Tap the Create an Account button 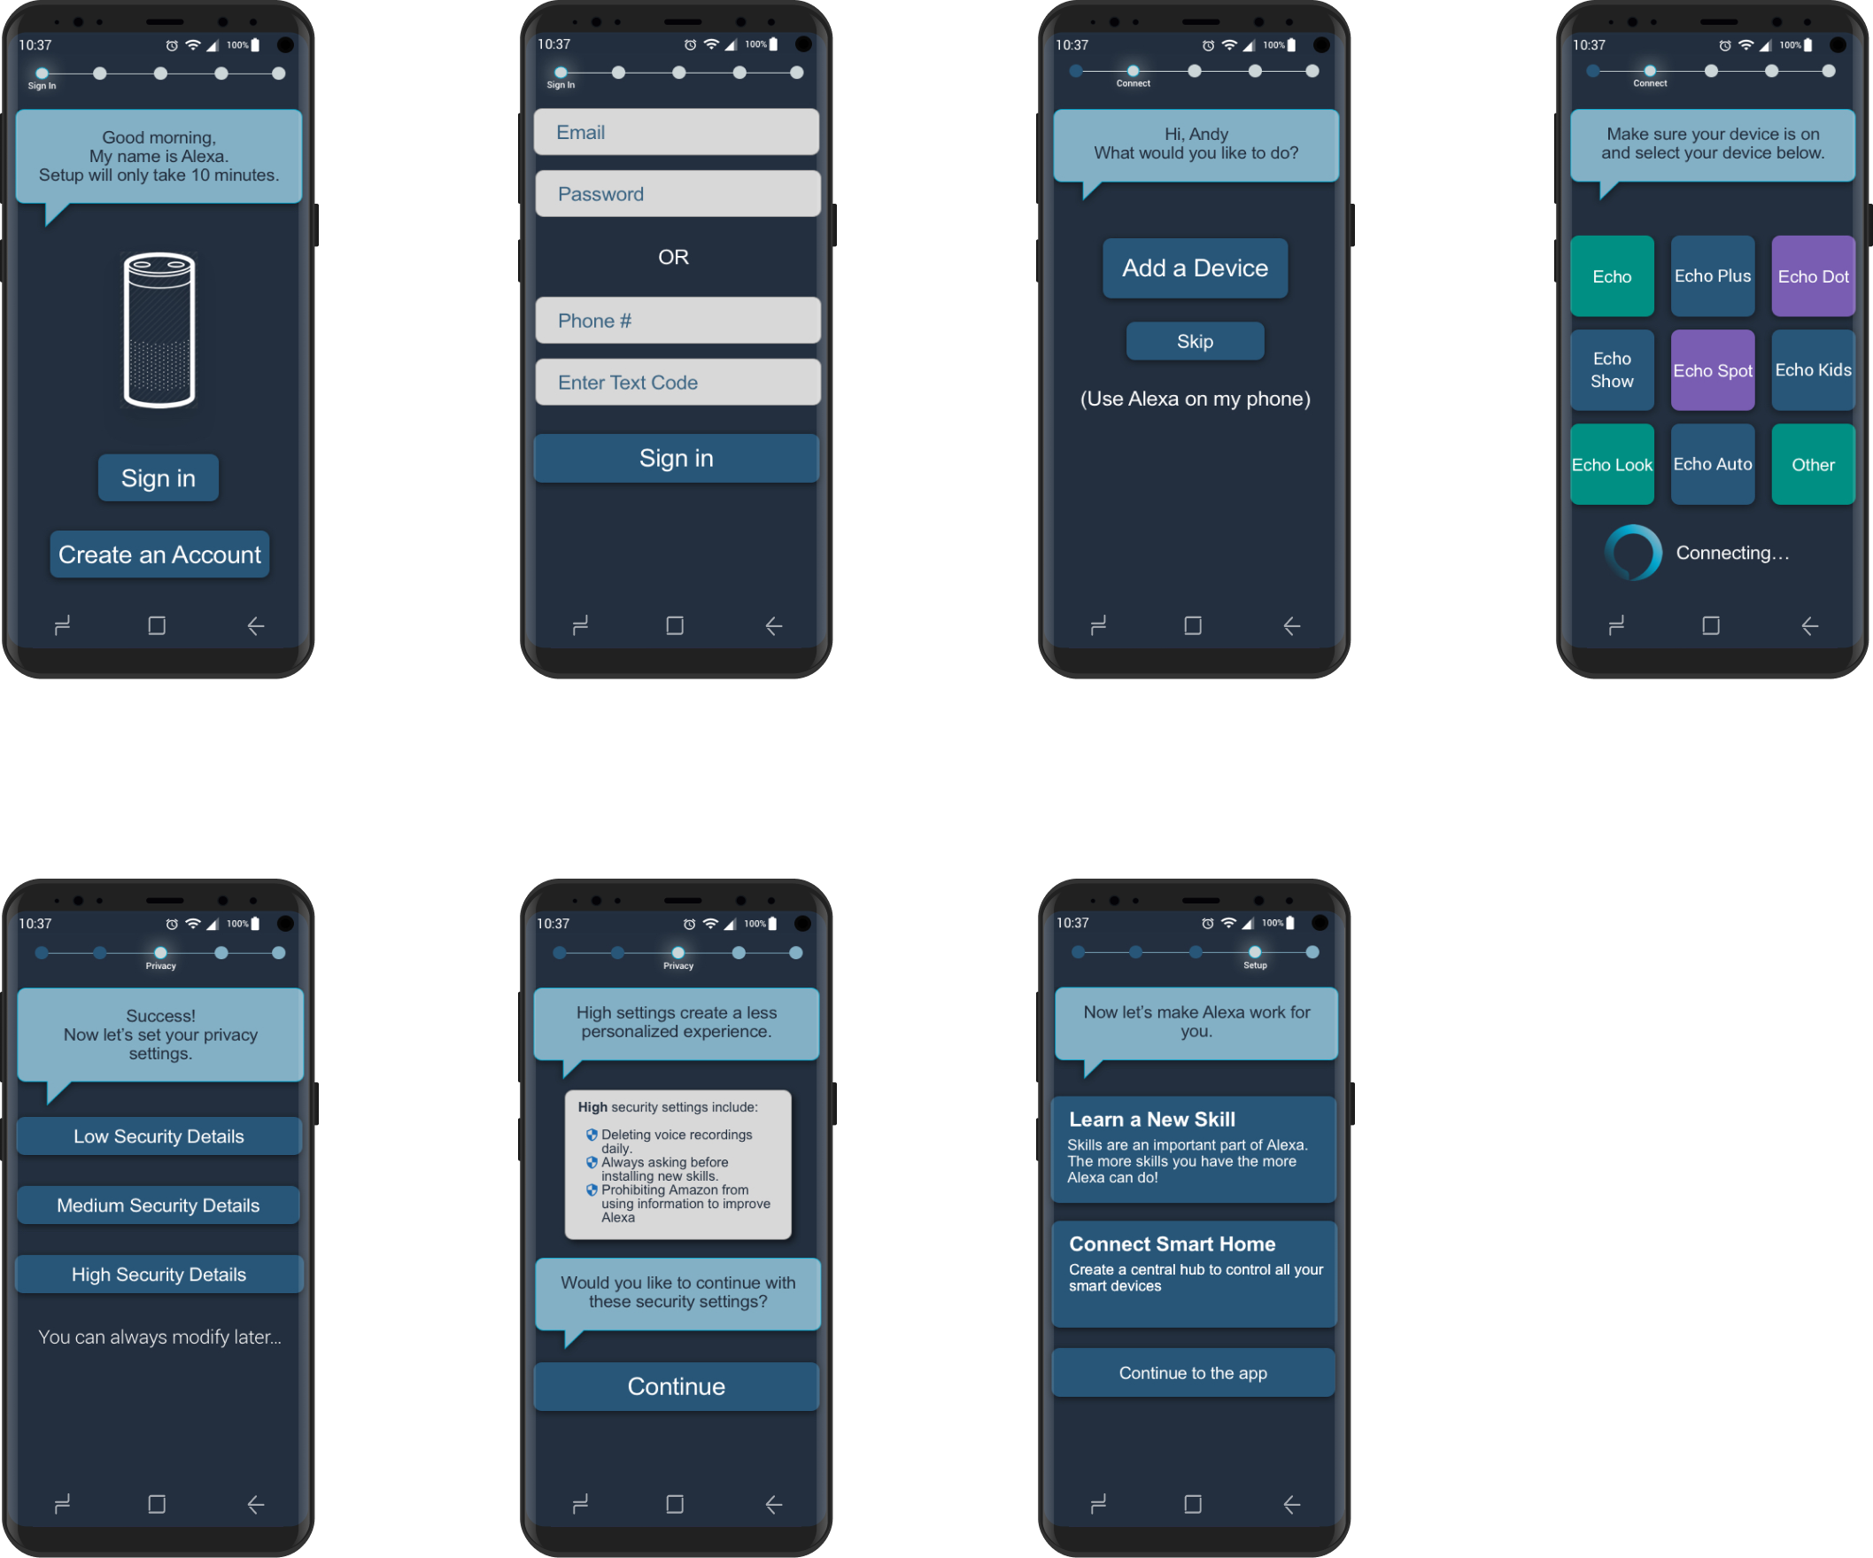coord(159,554)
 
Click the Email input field coord(676,132)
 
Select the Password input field coord(677,193)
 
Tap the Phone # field coord(677,320)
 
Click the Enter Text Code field coord(677,383)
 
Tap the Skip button coord(1195,342)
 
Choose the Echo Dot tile coord(1813,276)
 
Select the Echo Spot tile coord(1712,370)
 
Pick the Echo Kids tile coord(1813,370)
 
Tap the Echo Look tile coord(1612,465)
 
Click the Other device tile coord(1813,465)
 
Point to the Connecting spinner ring coord(1632,553)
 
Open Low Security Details coord(159,1136)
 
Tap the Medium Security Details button coord(159,1205)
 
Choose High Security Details coord(159,1275)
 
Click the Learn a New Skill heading coord(1151,1120)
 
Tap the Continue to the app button coord(1193,1373)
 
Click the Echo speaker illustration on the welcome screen coord(159,330)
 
